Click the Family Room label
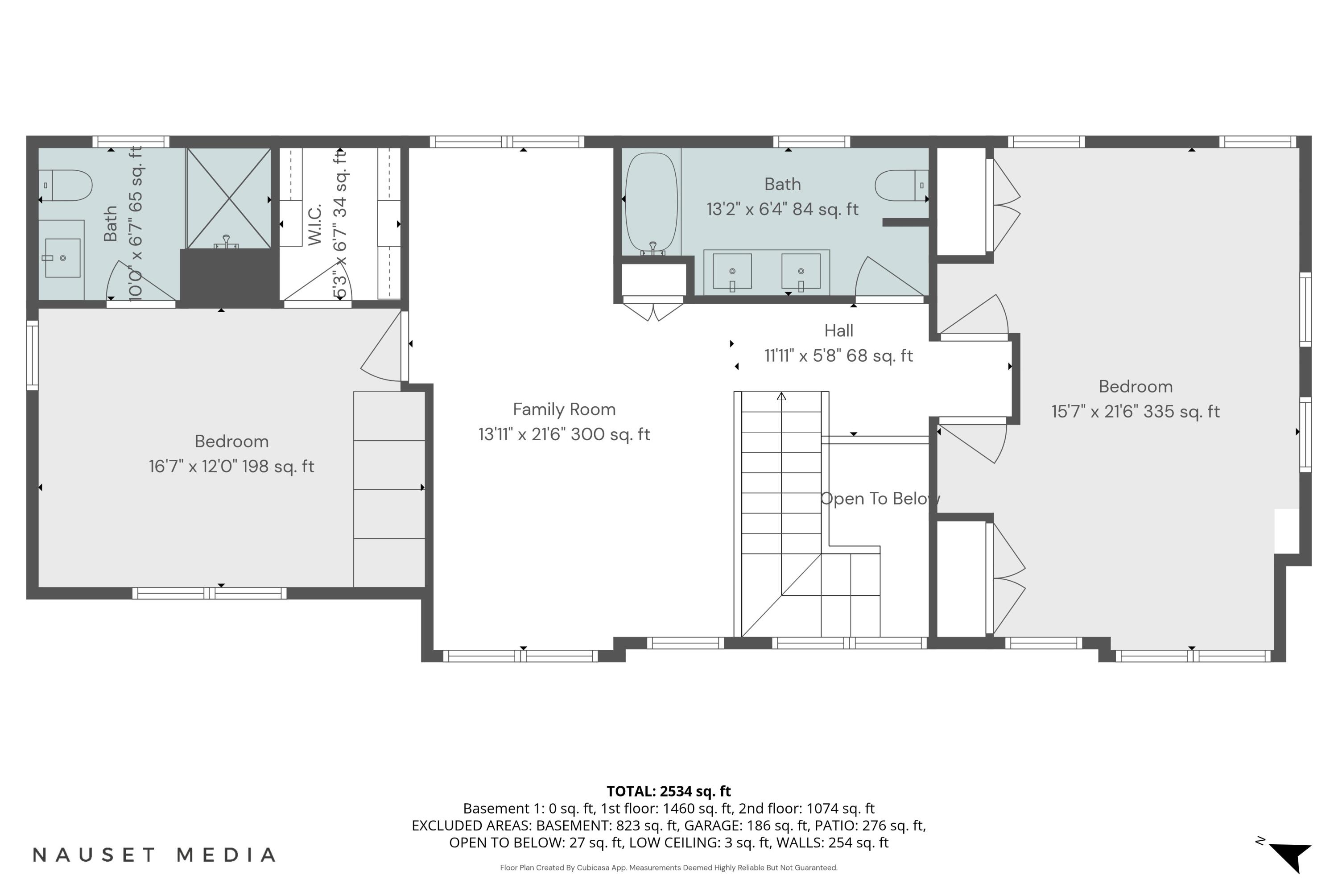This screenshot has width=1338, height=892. coord(564,409)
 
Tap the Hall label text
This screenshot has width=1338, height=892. coord(838,330)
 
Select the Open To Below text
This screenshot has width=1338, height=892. coord(879,499)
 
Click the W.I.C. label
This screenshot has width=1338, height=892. coord(314,224)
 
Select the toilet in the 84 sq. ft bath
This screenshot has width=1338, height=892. coord(901,186)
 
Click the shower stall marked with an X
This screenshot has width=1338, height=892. coord(229,198)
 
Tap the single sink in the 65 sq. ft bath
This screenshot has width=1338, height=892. coord(62,258)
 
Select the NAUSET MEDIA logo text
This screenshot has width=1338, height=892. coord(153,855)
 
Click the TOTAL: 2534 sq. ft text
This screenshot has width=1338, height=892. coord(669,791)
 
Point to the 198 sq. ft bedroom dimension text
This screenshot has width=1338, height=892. coord(231,467)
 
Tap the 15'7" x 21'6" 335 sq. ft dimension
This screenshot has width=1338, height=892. coord(1135,412)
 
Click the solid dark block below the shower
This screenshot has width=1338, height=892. coord(229,277)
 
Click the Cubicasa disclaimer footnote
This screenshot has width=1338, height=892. coord(669,867)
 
